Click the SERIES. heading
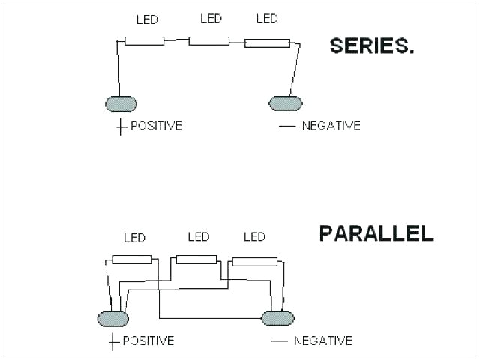tap(373, 46)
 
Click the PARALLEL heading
tap(376, 232)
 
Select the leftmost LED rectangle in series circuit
tap(144, 40)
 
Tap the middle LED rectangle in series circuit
tap(208, 40)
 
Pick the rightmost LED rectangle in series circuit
tap(266, 43)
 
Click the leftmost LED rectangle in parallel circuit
tap(132, 259)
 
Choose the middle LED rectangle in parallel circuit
tap(196, 259)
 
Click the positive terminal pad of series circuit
tap(120, 103)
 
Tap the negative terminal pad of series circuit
tap(286, 103)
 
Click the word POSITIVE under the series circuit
tap(156, 125)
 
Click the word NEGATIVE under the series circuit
tap(331, 125)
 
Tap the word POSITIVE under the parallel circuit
tap(148, 340)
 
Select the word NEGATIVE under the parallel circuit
tap(322, 340)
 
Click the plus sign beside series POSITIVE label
tap(120, 126)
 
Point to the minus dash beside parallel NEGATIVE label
tap(278, 341)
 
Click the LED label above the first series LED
tap(146, 20)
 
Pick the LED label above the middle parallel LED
tap(198, 237)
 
